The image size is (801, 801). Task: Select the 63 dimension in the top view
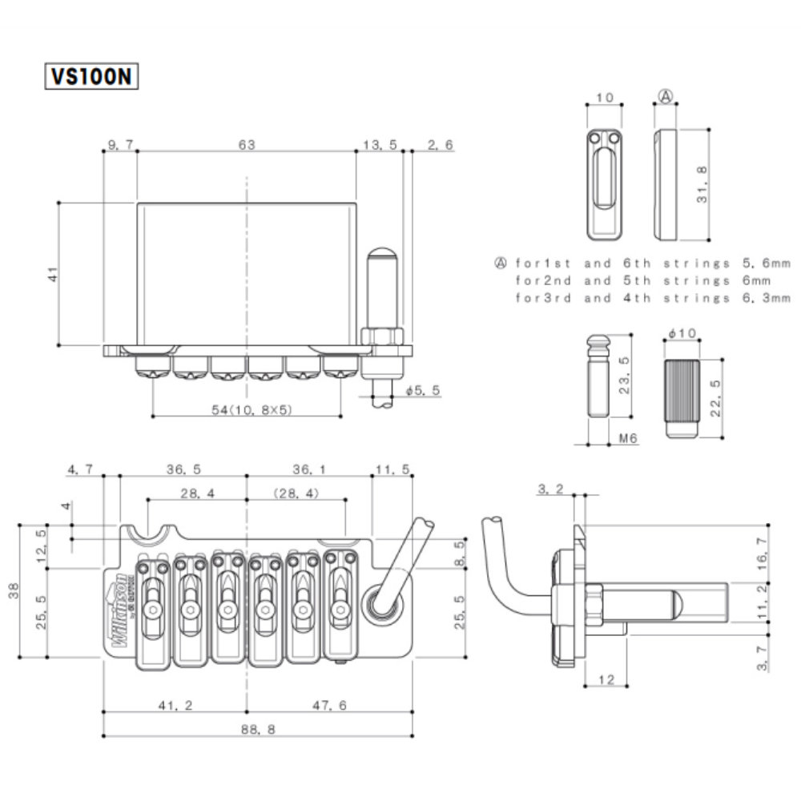246,145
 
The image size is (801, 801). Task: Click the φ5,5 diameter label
423,390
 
